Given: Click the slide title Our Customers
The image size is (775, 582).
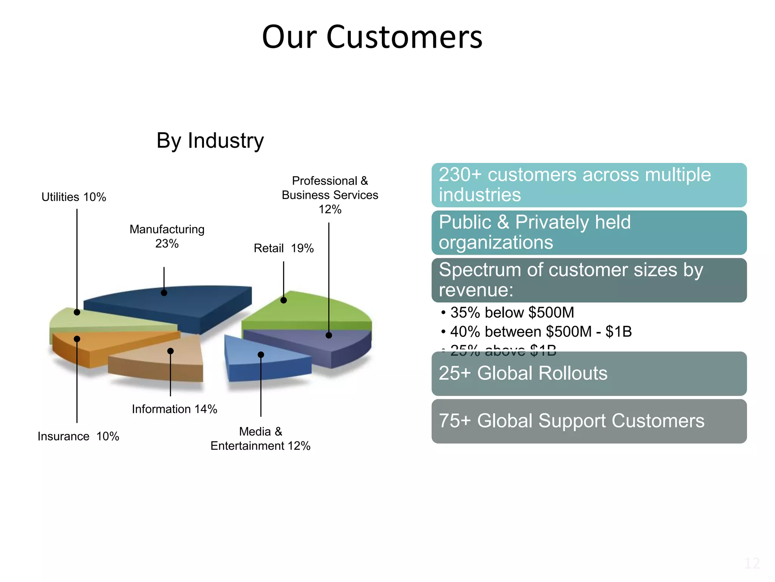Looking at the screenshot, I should point(372,37).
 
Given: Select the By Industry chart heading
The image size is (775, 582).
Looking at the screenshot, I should point(210,141).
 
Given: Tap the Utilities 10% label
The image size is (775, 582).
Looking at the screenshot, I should point(74,197).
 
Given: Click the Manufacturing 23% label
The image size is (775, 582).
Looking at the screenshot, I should point(167,236).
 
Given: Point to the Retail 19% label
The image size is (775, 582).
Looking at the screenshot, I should point(283,248).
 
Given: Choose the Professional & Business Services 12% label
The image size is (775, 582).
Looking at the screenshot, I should point(330,195).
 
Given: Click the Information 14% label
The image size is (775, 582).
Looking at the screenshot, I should point(174,409).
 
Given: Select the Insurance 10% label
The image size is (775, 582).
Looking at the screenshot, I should point(78,436).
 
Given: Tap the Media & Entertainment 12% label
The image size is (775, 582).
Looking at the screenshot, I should point(260,439).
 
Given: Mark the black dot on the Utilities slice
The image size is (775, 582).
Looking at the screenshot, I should point(77,312).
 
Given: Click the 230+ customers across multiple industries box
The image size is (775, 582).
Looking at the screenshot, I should point(589,185).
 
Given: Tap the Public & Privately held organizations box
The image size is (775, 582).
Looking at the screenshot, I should point(589,232).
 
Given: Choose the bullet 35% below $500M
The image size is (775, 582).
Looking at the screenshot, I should point(512,313).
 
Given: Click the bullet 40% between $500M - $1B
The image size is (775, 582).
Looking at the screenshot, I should point(540,332).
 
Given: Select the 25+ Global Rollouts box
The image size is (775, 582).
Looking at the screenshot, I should point(589,374).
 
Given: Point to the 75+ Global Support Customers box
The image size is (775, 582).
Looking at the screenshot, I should point(589,421).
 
